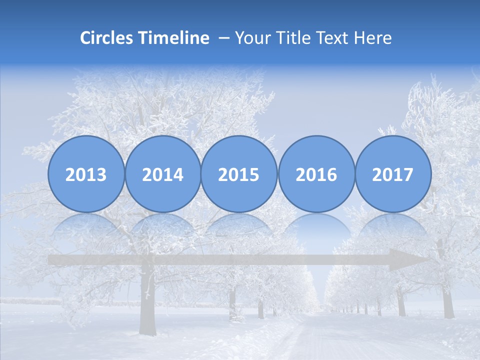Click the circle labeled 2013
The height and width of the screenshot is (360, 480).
86,174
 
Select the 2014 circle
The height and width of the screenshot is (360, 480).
163,174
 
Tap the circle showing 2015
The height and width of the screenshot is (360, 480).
239,174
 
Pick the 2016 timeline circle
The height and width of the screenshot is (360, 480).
316,174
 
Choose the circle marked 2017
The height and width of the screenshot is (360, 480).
393,174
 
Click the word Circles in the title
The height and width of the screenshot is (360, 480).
107,38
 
